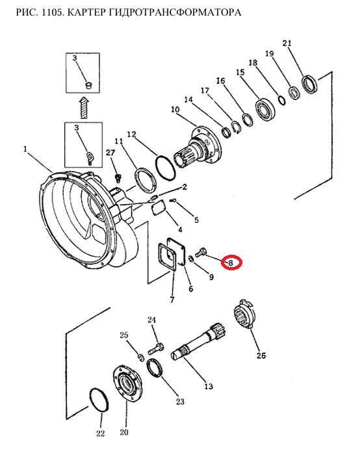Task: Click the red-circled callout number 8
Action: (231, 263)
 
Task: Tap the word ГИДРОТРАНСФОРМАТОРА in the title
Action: (153, 12)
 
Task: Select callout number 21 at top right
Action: (287, 44)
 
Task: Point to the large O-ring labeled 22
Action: (99, 399)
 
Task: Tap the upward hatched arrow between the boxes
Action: (84, 107)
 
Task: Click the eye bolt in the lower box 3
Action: (90, 157)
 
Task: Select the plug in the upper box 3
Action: (88, 85)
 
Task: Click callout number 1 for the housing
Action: (25, 149)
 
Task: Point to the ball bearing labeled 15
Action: (265, 109)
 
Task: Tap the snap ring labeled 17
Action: (237, 127)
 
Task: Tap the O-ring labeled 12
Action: (166, 168)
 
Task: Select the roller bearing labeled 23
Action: (155, 368)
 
